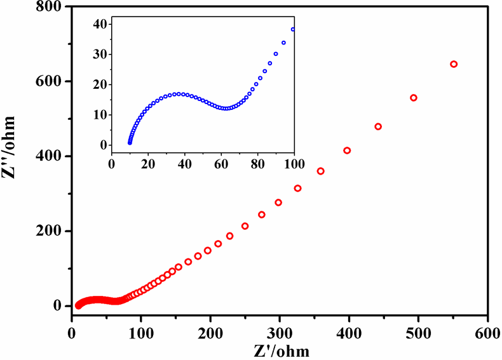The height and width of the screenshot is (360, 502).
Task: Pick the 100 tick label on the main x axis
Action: click(x=141, y=331)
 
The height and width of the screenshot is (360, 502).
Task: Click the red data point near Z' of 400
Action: click(x=347, y=150)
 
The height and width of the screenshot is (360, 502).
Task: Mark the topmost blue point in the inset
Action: click(x=293, y=29)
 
